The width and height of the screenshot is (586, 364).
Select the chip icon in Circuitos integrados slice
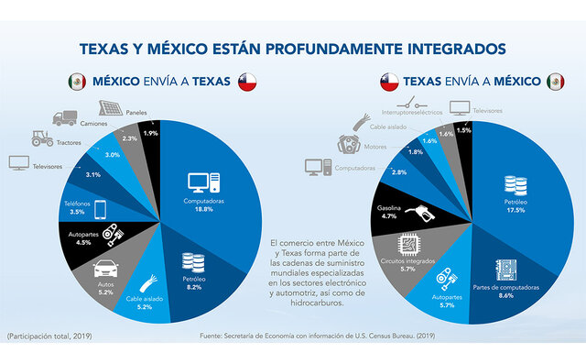pos(409,246)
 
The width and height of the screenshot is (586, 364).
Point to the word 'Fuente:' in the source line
pos(213,336)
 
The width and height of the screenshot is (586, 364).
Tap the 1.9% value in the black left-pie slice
pos(150,134)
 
